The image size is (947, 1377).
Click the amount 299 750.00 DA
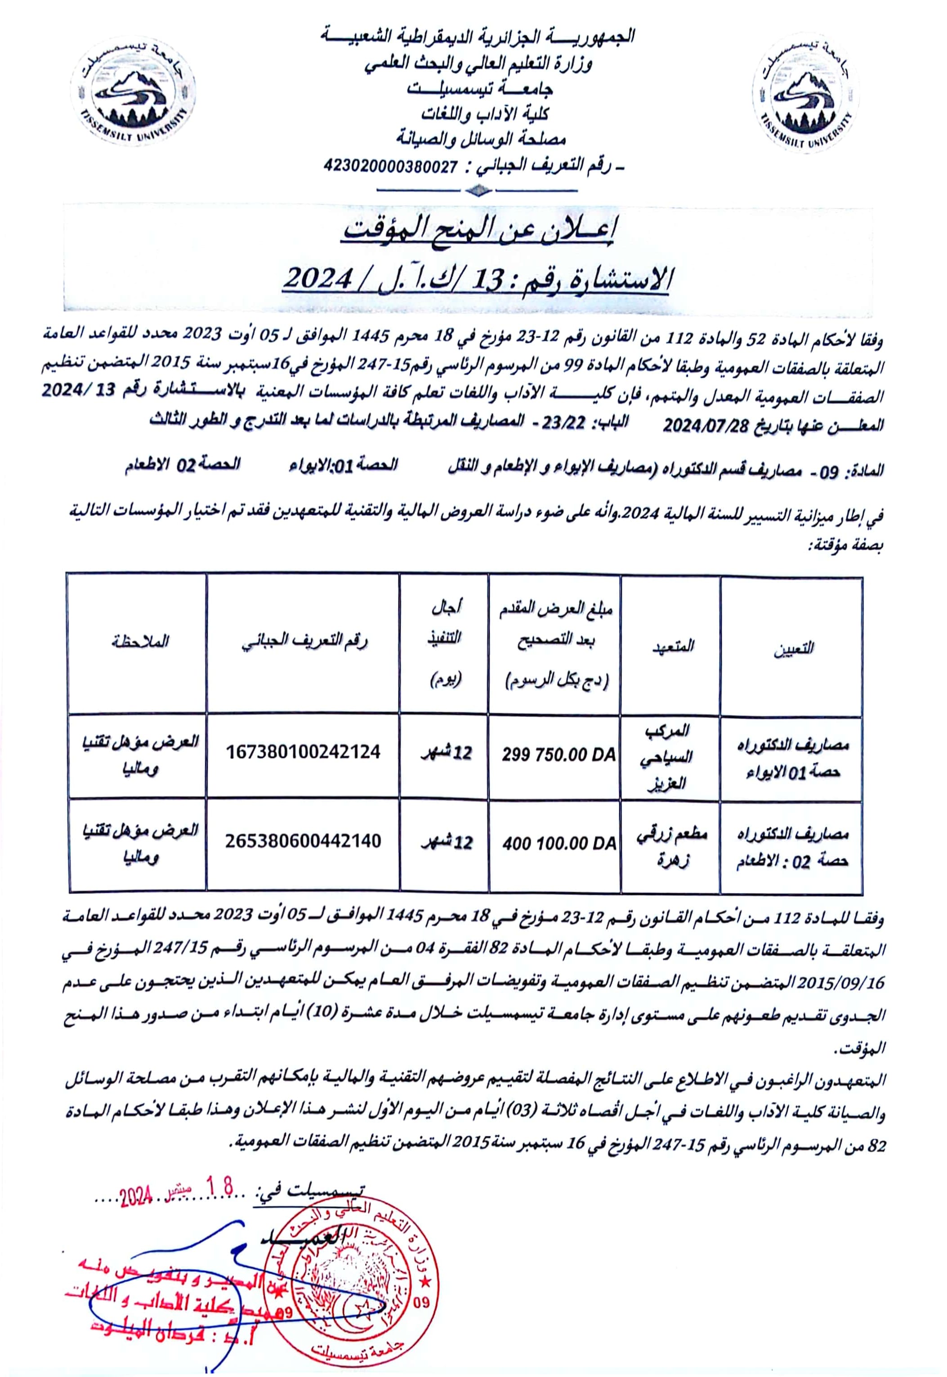[558, 755]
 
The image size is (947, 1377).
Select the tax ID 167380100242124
[303, 752]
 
